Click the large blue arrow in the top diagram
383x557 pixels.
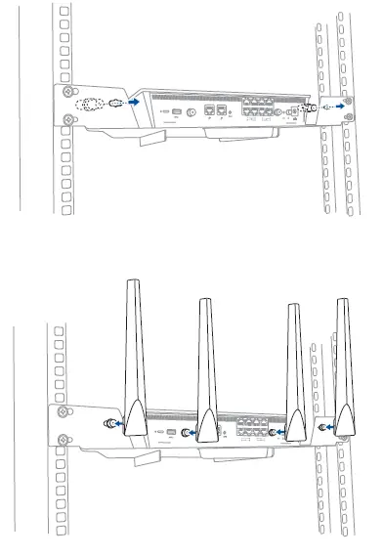click(132, 99)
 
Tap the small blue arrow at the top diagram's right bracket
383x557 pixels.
click(338, 107)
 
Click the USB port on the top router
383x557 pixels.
click(175, 110)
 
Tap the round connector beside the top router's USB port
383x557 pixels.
click(191, 111)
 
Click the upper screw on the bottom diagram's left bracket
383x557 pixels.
click(64, 414)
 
